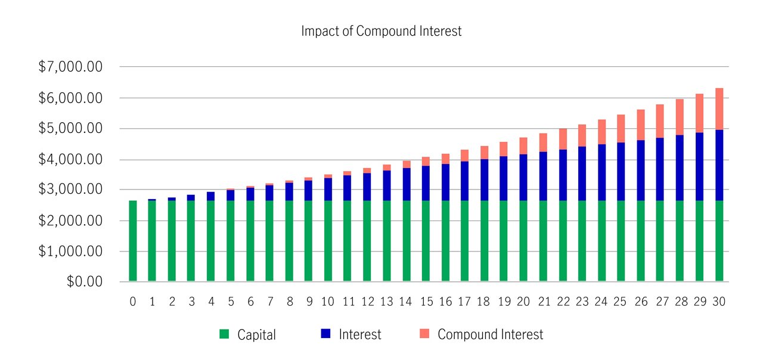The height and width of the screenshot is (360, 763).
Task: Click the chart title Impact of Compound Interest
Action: [x=381, y=32]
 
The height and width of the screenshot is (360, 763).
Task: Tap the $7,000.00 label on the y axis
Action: [x=70, y=67]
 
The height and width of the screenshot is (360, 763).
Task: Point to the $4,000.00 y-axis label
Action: [x=70, y=160]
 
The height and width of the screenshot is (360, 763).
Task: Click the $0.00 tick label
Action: [x=85, y=281]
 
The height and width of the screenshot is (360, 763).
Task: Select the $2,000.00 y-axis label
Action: [x=70, y=221]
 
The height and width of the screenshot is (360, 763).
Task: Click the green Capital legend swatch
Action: [x=224, y=334]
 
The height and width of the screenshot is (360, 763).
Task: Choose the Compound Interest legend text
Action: [x=490, y=334]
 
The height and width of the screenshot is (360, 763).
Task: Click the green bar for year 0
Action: [x=133, y=241]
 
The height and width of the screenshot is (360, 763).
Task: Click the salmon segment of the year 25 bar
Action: [x=621, y=128]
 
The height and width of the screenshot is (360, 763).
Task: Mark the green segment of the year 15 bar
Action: [x=426, y=241]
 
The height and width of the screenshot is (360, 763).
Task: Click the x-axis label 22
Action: [x=562, y=302]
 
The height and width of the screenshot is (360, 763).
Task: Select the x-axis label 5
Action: [x=231, y=302]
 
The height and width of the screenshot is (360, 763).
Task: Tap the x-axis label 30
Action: [x=719, y=302]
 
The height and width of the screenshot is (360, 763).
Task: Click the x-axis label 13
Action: [x=386, y=302]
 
